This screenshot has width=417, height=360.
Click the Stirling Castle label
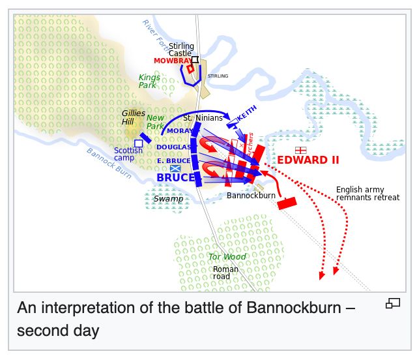(181, 50)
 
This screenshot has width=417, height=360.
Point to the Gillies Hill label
(133, 117)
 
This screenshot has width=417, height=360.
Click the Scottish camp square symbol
(138, 143)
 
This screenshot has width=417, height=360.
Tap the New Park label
(155, 121)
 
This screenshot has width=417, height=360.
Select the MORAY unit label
(179, 130)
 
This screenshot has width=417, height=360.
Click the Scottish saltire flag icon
(175, 168)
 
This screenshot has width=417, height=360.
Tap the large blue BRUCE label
(175, 177)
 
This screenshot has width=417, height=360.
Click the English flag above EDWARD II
(300, 150)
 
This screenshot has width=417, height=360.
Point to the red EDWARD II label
(308, 160)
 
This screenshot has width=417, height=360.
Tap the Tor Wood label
(227, 256)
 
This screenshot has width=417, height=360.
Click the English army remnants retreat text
(367, 194)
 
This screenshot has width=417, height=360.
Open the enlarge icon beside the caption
(393, 303)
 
